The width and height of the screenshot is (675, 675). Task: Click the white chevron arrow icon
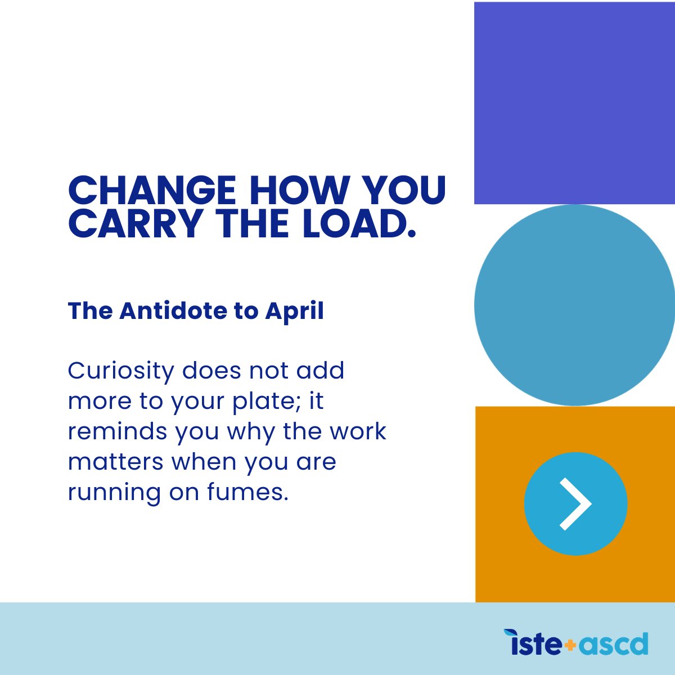(x=575, y=503)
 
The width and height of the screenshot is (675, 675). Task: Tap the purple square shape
(x=574, y=103)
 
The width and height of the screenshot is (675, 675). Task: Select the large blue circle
(x=574, y=305)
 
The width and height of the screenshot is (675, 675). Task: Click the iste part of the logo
(x=533, y=643)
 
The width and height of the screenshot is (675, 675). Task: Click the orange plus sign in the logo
(x=570, y=645)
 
